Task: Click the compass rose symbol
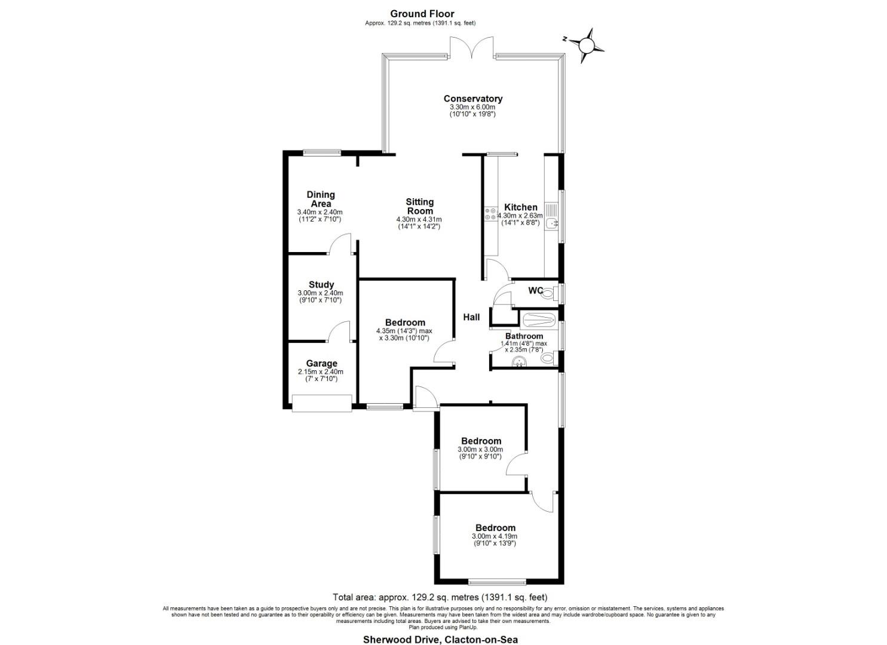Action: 586,45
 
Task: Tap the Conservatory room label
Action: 472,99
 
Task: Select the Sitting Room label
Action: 419,207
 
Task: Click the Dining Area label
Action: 320,199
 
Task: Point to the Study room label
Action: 321,285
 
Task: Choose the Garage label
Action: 321,363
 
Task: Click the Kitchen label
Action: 520,207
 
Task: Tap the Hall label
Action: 471,317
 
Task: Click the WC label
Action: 535,291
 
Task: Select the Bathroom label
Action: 524,336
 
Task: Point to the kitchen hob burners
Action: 491,214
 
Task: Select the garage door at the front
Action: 321,404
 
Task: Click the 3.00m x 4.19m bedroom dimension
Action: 495,536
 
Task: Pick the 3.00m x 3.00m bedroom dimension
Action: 480,450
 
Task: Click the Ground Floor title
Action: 422,13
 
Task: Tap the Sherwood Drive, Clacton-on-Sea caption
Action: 441,639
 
